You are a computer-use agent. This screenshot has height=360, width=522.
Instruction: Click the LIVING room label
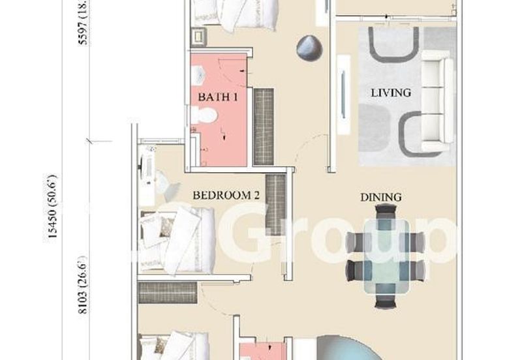391,93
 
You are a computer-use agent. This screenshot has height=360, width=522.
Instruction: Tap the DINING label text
382,197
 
